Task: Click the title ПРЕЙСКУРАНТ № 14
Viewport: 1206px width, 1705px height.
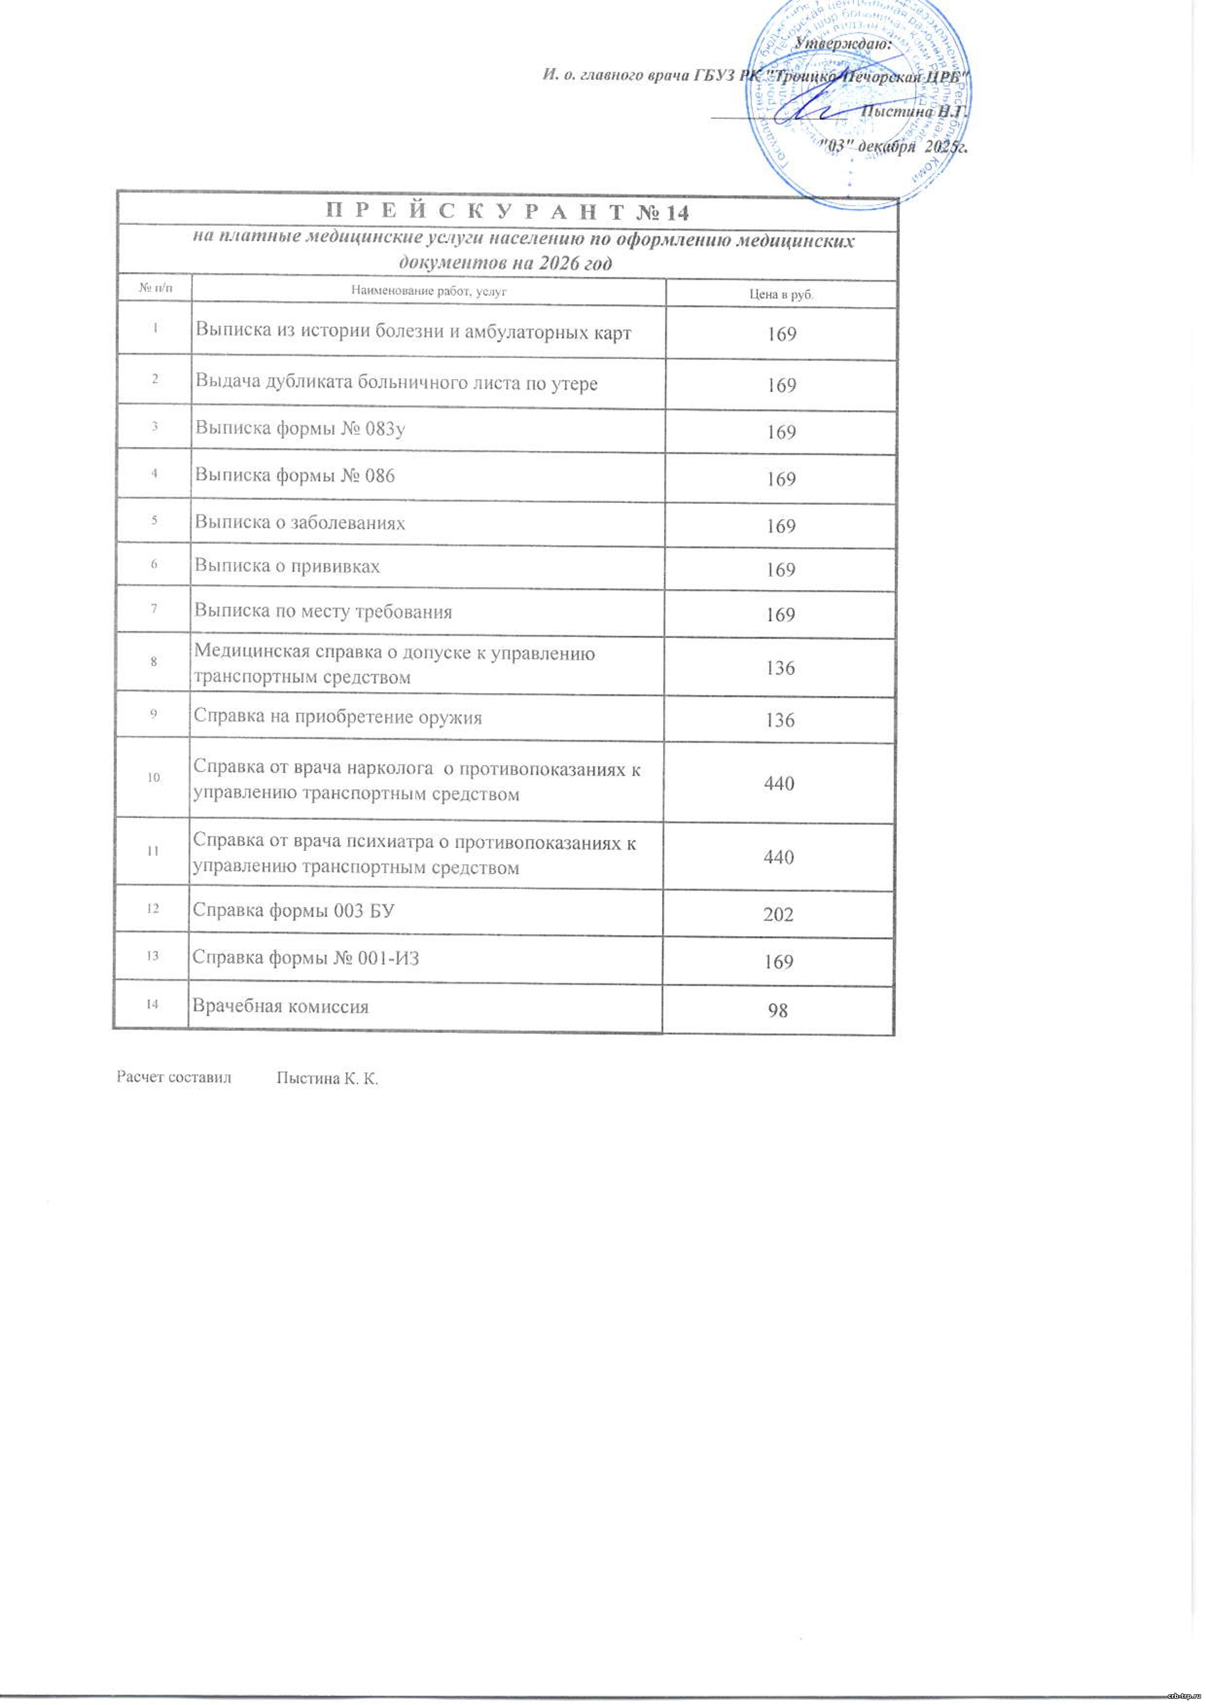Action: pyautogui.click(x=508, y=212)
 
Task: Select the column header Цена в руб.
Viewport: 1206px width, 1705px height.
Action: pyautogui.click(x=781, y=294)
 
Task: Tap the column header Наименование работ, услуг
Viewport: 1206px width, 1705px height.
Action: pyautogui.click(x=428, y=292)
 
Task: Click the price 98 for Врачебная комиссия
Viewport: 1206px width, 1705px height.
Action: pyautogui.click(x=778, y=1011)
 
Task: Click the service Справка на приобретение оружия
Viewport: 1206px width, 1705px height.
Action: pyautogui.click(x=338, y=718)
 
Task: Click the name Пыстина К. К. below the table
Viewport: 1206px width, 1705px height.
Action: pyautogui.click(x=327, y=1079)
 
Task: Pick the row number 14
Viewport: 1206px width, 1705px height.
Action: pyautogui.click(x=152, y=1005)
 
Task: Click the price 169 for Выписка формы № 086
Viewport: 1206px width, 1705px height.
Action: pyautogui.click(x=781, y=479)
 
